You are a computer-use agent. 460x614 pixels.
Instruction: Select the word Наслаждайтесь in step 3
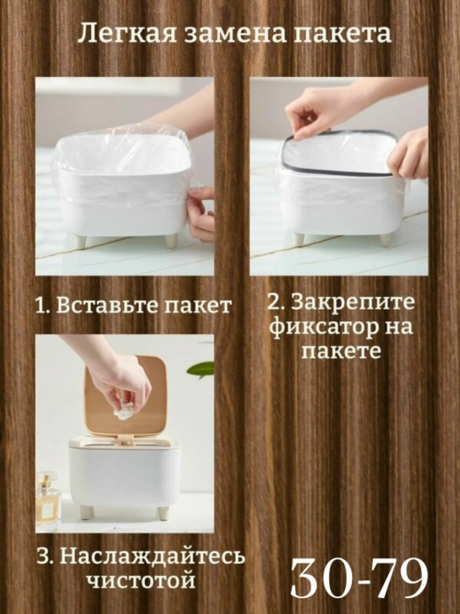[153, 558]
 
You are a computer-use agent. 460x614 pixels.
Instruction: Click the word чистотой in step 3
[141, 580]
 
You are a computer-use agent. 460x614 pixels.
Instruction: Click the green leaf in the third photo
[201, 369]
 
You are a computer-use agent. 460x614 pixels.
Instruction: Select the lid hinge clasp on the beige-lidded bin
[125, 440]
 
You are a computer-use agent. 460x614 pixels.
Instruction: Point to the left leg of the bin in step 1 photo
[80, 241]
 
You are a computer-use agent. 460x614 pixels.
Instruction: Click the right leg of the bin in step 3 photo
[163, 513]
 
